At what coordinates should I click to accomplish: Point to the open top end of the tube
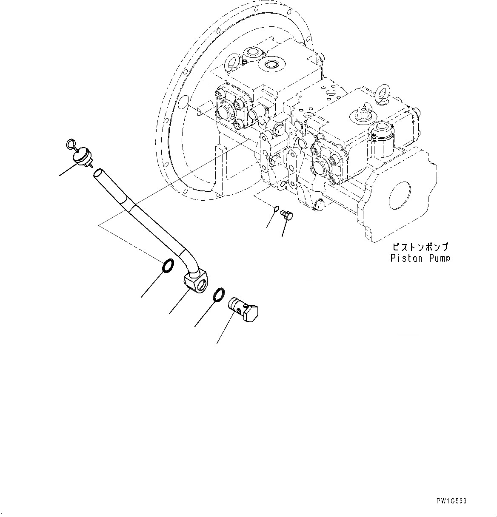coord(98,173)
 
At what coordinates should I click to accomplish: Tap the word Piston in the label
coord(404,258)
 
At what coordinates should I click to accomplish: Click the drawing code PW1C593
coord(451,501)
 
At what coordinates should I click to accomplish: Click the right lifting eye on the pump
coord(381,96)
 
